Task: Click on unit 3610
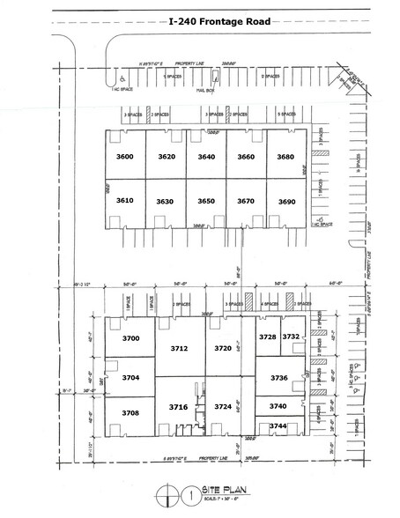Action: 124,201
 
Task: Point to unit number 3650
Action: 205,202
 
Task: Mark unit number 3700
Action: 131,338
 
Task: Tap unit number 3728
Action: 267,337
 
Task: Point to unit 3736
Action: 279,377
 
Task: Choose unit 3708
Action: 131,412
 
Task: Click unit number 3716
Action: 180,406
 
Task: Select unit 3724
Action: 223,406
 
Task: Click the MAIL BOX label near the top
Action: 205,89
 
